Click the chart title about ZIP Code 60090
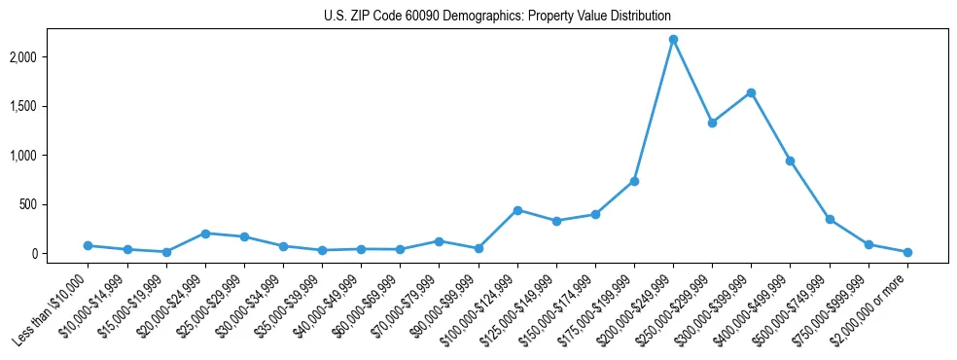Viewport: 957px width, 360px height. click(x=497, y=17)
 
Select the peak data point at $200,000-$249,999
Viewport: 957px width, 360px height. click(x=673, y=39)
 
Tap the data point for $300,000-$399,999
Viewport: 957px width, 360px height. click(x=751, y=92)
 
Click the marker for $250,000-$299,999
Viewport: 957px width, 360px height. click(x=712, y=123)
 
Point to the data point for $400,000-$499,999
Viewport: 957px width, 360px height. click(x=790, y=161)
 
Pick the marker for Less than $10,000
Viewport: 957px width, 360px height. click(x=88, y=246)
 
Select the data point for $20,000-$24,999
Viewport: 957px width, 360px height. click(x=205, y=234)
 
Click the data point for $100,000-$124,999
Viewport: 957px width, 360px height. click(x=517, y=210)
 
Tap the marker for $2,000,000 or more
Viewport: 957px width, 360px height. click(x=907, y=252)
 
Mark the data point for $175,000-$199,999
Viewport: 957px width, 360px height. click(x=634, y=181)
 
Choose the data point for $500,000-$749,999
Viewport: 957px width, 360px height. click(x=830, y=219)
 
